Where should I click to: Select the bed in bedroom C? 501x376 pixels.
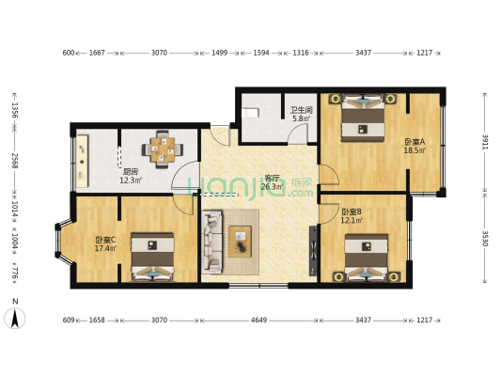click(x=151, y=259)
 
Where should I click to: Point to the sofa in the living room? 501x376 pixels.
click(x=212, y=241)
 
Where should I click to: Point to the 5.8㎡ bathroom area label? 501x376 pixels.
click(x=301, y=118)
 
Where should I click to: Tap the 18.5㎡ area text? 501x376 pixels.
click(x=415, y=149)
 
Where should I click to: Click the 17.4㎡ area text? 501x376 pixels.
click(x=105, y=248)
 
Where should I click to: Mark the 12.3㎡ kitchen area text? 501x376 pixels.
click(x=131, y=180)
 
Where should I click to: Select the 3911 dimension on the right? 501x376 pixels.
click(x=485, y=141)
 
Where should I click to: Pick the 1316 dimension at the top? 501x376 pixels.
click(x=300, y=53)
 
